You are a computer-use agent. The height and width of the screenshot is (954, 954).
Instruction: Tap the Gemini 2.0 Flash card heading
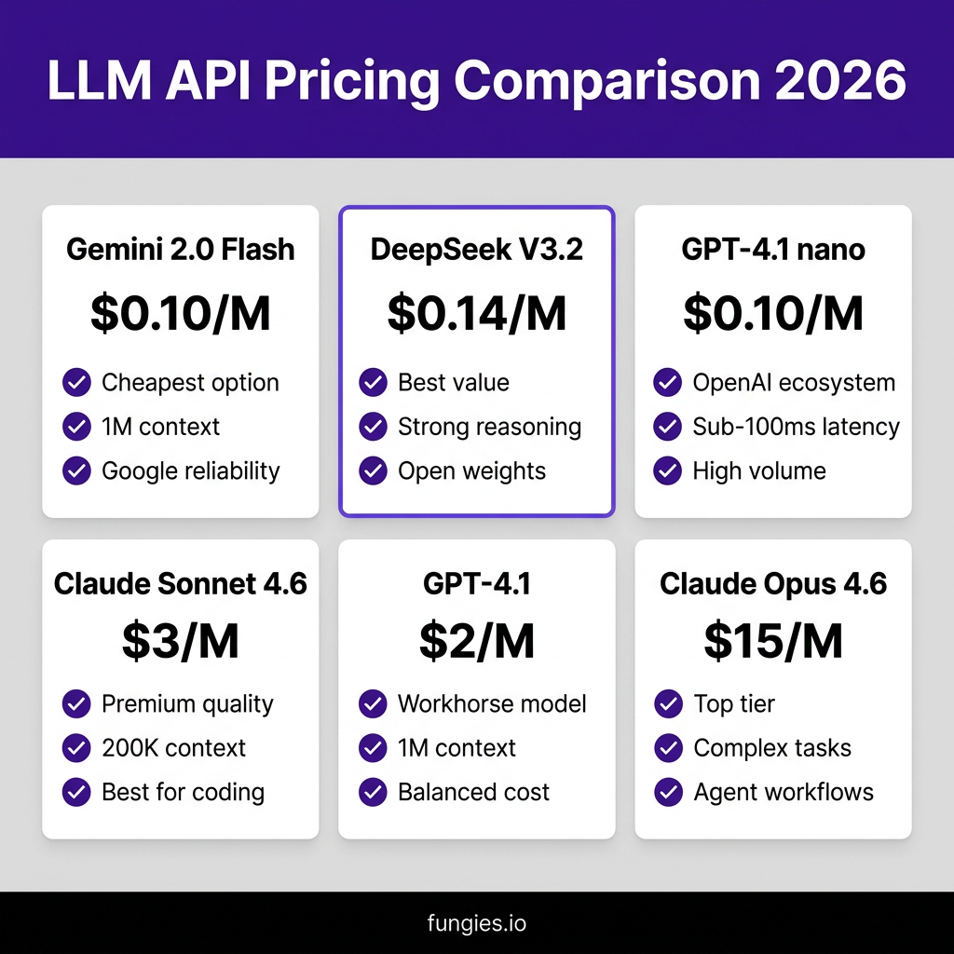coord(181,250)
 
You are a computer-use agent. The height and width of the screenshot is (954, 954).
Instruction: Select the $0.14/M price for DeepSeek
coord(477,313)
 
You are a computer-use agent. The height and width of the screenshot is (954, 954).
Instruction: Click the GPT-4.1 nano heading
coord(773,250)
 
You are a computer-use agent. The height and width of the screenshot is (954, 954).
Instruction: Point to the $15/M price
coord(773,641)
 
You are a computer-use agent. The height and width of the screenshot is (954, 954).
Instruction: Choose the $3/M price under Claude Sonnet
coord(181,641)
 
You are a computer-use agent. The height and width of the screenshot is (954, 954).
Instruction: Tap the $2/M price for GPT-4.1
coord(477,641)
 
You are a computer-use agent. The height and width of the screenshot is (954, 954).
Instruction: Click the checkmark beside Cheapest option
coord(76,383)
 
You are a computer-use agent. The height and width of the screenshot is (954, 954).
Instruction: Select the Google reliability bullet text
coord(191,471)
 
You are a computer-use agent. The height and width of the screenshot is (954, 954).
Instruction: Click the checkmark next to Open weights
coord(373,470)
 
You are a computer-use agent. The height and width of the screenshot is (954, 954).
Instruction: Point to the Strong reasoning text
coord(490,427)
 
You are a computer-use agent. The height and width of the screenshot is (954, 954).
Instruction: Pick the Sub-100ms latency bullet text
coord(796,427)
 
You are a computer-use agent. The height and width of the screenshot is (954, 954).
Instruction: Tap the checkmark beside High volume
coord(667,470)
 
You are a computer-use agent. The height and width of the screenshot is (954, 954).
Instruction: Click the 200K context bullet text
coord(174,748)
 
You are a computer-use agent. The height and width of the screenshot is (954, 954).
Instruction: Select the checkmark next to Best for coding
coord(76,792)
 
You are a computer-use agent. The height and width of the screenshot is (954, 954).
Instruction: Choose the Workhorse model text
coord(492,704)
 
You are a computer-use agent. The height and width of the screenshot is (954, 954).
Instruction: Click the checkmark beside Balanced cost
coord(373,792)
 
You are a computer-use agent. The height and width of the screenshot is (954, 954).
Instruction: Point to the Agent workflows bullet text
coord(784,793)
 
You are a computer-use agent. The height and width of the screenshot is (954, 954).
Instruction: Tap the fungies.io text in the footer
coord(477,923)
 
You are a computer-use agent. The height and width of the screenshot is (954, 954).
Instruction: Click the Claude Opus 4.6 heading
coord(773,584)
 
